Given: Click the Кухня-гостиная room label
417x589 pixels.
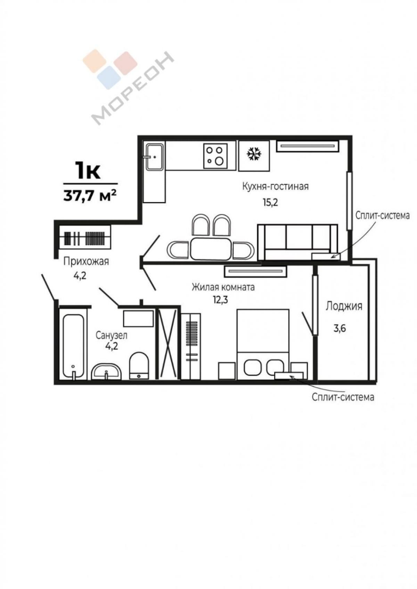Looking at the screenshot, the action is [x=275, y=187].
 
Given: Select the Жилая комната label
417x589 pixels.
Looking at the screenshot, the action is [x=223, y=287].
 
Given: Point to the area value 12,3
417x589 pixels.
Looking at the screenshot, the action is [x=220, y=300].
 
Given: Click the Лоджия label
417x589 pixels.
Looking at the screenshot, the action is [x=344, y=306].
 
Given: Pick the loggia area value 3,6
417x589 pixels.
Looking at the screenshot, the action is [x=340, y=329].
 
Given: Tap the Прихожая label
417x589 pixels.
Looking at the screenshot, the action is [x=86, y=262].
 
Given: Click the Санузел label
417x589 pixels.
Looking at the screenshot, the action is [x=111, y=336].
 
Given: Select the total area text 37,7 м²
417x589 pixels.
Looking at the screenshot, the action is [x=90, y=196].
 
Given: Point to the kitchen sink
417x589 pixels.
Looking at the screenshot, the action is [x=155, y=157].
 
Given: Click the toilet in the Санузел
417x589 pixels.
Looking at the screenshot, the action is [x=139, y=365].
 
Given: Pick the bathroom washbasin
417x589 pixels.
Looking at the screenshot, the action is [x=106, y=371].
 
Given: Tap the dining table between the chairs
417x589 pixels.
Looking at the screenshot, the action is [x=211, y=249].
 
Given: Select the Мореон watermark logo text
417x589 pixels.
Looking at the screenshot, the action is [x=133, y=87].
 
